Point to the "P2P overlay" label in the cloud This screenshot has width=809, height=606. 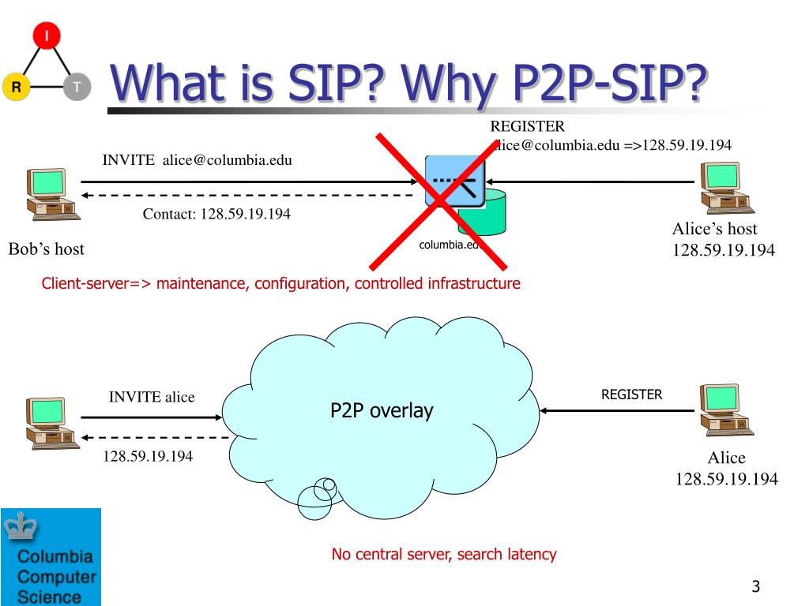pos(382,411)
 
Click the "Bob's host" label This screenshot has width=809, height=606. pos(46,249)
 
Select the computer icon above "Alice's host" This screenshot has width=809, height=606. pos(722,187)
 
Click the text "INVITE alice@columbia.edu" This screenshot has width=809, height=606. pos(198,160)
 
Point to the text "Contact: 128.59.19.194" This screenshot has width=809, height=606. pos(216,214)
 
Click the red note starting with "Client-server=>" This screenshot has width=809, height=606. pos(281,283)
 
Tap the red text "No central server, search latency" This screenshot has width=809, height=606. pos(444,554)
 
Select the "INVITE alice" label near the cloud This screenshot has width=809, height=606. pos(152,397)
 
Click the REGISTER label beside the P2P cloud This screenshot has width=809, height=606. pos(632,395)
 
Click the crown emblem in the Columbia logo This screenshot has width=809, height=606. pos(18,527)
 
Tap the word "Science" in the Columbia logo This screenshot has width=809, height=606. pos(49,596)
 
